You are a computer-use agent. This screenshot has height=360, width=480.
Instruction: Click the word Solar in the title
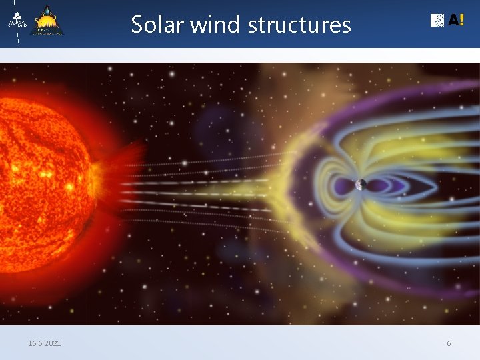pos(158,25)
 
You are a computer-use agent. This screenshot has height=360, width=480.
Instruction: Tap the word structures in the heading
pos(299,25)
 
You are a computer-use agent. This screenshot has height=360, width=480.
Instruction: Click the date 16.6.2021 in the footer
pos(44,343)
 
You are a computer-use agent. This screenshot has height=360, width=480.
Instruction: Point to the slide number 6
pos(449,343)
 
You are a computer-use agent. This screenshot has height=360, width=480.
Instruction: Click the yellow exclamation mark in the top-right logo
pos(461,21)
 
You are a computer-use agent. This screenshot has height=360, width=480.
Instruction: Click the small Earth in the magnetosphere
pos(360,185)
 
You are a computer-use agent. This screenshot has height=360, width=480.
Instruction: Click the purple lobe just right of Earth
pos(383,185)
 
